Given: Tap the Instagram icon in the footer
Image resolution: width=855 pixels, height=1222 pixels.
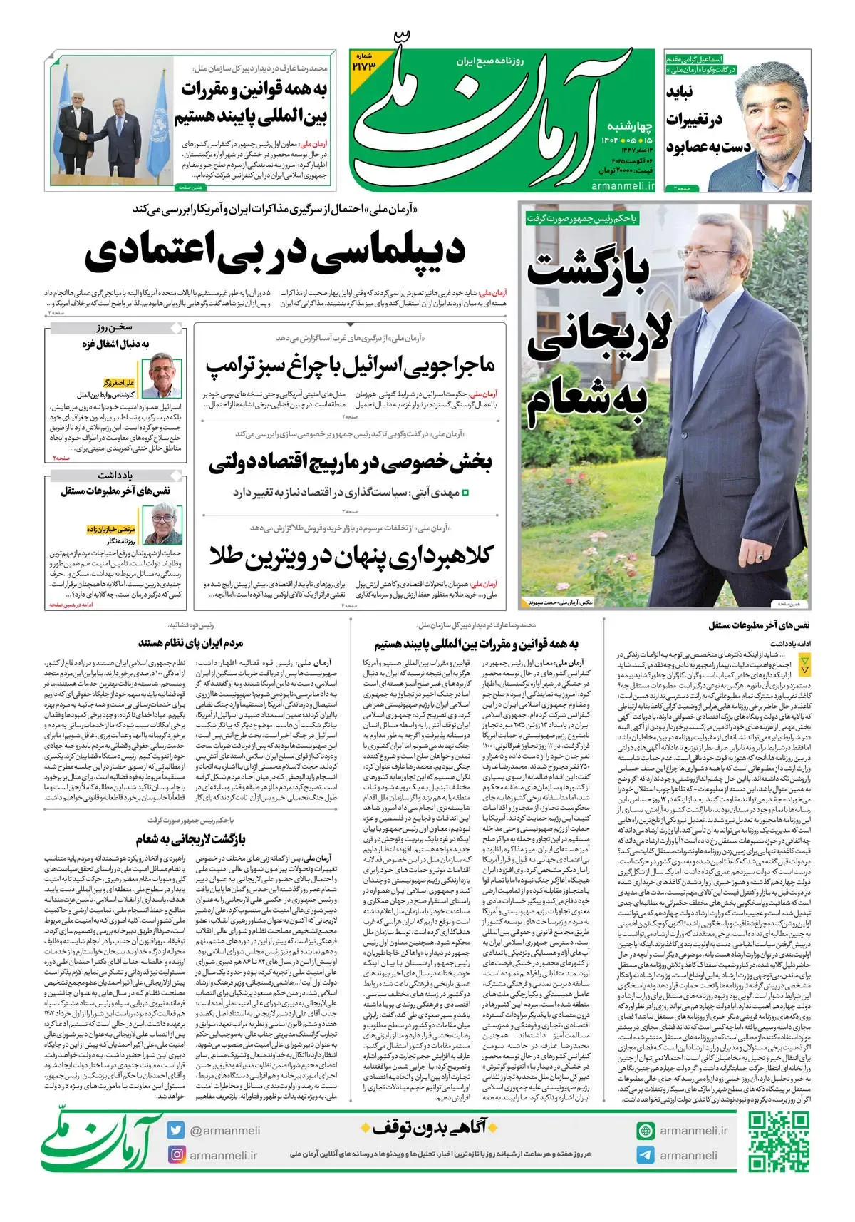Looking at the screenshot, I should point(177,1155).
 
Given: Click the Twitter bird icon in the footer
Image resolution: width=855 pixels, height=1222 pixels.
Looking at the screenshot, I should point(177,1130).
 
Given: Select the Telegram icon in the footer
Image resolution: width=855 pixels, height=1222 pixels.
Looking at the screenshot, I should point(646,1155).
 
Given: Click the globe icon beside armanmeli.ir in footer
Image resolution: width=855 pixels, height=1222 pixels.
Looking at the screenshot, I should point(646,1130).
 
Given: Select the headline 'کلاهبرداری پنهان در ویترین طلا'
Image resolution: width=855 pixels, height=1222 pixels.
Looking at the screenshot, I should point(351,557).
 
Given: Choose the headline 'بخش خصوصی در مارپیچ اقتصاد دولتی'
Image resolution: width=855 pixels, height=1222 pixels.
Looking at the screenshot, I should point(351,463).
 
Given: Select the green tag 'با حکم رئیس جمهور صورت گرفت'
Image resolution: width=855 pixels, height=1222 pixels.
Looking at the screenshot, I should point(583,218).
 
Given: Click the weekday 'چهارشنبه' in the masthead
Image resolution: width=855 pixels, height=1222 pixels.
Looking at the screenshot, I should point(626,125).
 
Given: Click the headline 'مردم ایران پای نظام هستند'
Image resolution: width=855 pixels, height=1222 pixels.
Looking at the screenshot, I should point(191,643).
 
